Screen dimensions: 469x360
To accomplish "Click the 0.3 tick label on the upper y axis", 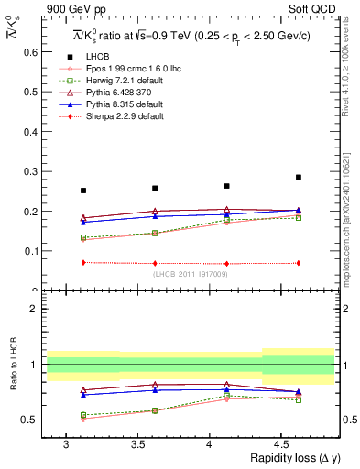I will point(30,171).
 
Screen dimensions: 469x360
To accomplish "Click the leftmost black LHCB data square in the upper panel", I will point(83,191).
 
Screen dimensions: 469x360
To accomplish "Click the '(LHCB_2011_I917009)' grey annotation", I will point(190,273).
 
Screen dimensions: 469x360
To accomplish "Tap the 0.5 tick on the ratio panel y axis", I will point(30,420).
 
